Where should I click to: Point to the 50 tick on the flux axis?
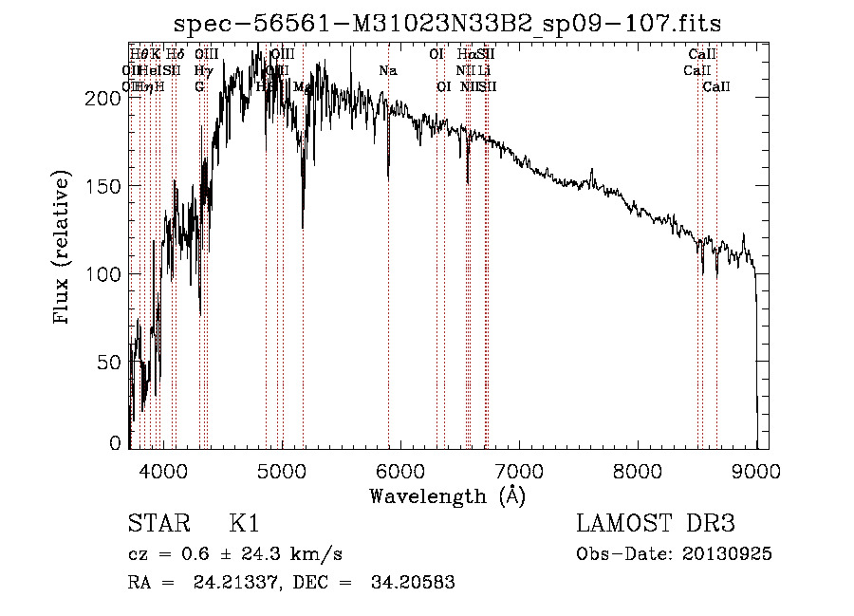[112, 362]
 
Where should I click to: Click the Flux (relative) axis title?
[64, 249]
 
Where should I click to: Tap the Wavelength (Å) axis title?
[447, 496]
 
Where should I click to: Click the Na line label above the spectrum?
[387, 70]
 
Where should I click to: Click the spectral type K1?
[244, 525]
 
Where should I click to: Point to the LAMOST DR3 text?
[656, 525]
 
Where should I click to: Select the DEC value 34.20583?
[414, 583]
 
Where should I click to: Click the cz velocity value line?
[235, 554]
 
